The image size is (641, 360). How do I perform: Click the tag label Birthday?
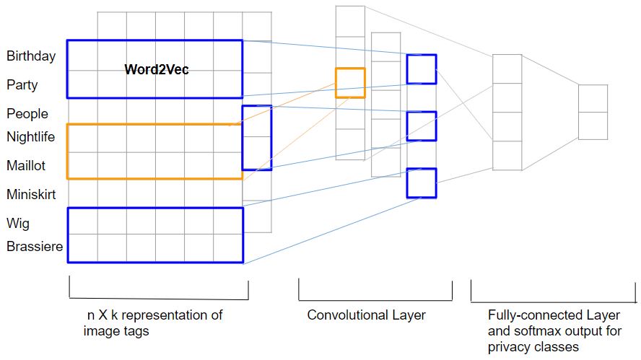pos(31,56)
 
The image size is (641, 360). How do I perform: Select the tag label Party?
pos(22,85)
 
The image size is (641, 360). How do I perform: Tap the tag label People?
pos(27,114)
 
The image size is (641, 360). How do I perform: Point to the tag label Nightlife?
pos(31,136)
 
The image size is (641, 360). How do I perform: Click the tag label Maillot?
pos(26,165)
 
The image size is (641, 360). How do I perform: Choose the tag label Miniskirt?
pos(31,194)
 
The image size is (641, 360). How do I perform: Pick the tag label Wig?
pos(18,223)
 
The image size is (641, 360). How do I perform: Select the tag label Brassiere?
pos(35,247)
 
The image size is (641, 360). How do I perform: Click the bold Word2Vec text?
pos(157,70)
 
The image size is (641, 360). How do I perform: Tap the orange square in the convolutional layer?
pos(350,82)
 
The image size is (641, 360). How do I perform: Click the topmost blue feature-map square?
pos(421,69)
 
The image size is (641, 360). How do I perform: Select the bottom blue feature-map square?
pos(421,183)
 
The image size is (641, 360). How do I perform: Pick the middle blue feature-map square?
pos(421,126)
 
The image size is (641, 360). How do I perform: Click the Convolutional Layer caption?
pos(366,315)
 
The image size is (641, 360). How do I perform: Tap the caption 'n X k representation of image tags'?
pos(154,322)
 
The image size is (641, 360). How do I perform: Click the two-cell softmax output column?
pos(593,112)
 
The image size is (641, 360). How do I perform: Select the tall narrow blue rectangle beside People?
pos(256,137)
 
